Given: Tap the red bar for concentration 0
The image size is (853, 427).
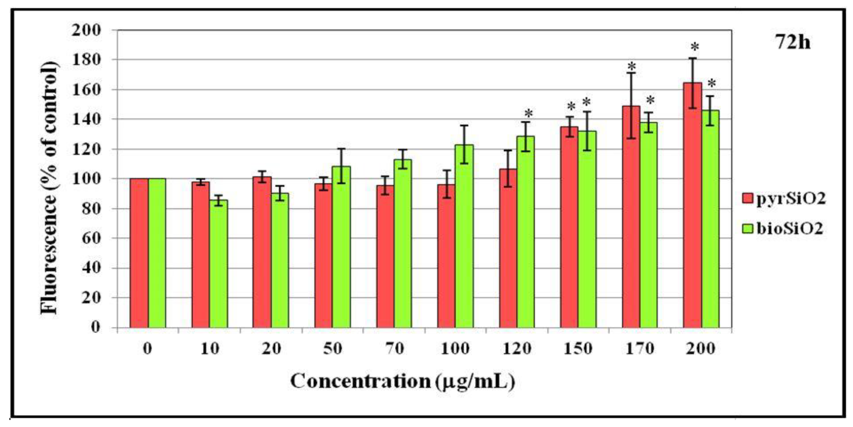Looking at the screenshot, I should coord(139,253).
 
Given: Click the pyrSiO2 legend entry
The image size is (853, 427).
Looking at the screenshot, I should coord(783,199).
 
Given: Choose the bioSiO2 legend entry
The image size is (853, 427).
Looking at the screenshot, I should coord(783,228).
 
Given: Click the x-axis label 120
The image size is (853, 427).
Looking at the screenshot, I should coord(517,349).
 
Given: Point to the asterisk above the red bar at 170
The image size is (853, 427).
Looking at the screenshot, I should coord(632,66).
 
